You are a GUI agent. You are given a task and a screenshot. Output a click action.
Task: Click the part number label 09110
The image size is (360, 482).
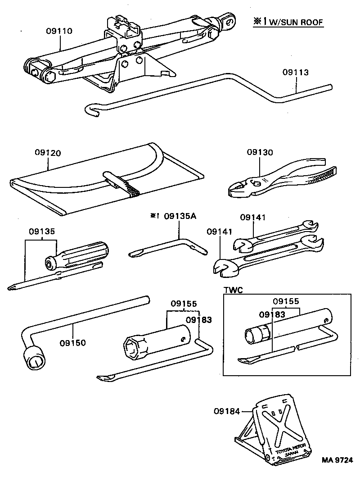point(59,31)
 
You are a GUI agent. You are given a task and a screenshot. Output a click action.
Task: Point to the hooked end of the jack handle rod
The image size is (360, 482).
point(92,110)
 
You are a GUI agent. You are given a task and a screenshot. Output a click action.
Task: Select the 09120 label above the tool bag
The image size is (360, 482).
point(48,153)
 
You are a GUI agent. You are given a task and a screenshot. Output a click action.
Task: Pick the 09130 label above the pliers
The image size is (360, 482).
point(259,153)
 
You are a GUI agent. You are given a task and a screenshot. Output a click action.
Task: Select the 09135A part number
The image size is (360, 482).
point(180,216)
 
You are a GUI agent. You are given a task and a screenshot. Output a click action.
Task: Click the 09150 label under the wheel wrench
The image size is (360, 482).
point(72,343)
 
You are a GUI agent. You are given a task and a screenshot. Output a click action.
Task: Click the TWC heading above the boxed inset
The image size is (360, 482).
point(233,291)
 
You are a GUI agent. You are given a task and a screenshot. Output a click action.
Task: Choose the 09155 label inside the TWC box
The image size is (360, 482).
point(286,301)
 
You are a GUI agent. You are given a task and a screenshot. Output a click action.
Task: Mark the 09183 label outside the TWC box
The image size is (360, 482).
point(198,319)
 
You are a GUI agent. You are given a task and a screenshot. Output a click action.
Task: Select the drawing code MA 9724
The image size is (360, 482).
point(337,460)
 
